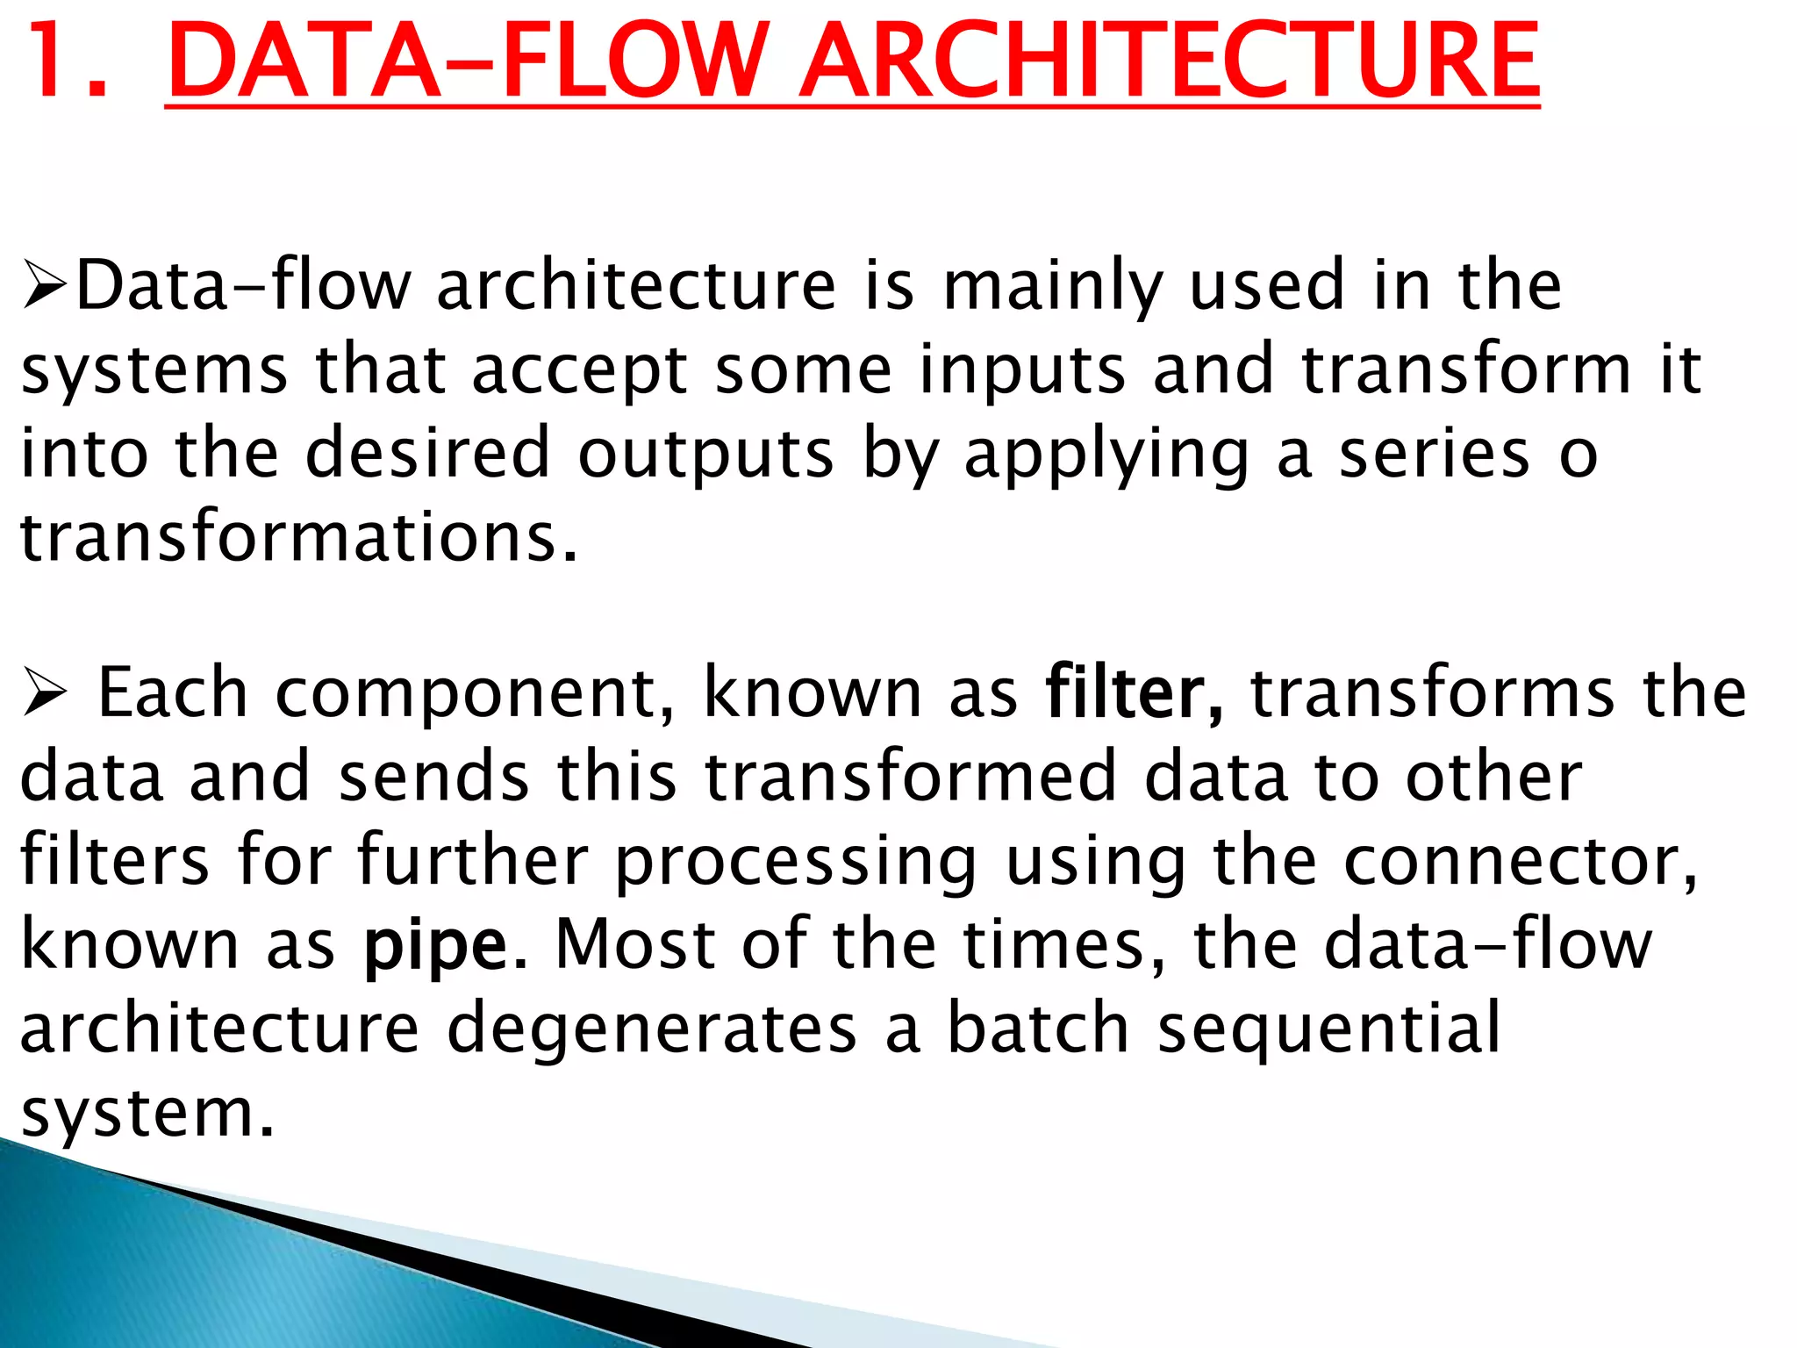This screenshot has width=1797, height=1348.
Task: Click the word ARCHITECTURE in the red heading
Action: pyautogui.click(x=1170, y=61)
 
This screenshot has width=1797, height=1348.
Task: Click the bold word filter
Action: pyautogui.click(x=1133, y=693)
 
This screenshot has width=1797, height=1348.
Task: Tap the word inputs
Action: pyautogui.click(x=1021, y=372)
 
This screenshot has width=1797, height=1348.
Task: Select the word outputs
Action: pyautogui.click(x=705, y=456)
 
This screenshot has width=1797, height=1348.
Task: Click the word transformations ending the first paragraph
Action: pyautogui.click(x=298, y=537)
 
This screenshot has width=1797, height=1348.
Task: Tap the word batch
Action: pyautogui.click(x=1037, y=1029)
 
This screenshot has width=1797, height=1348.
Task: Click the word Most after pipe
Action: pyautogui.click(x=635, y=946)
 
